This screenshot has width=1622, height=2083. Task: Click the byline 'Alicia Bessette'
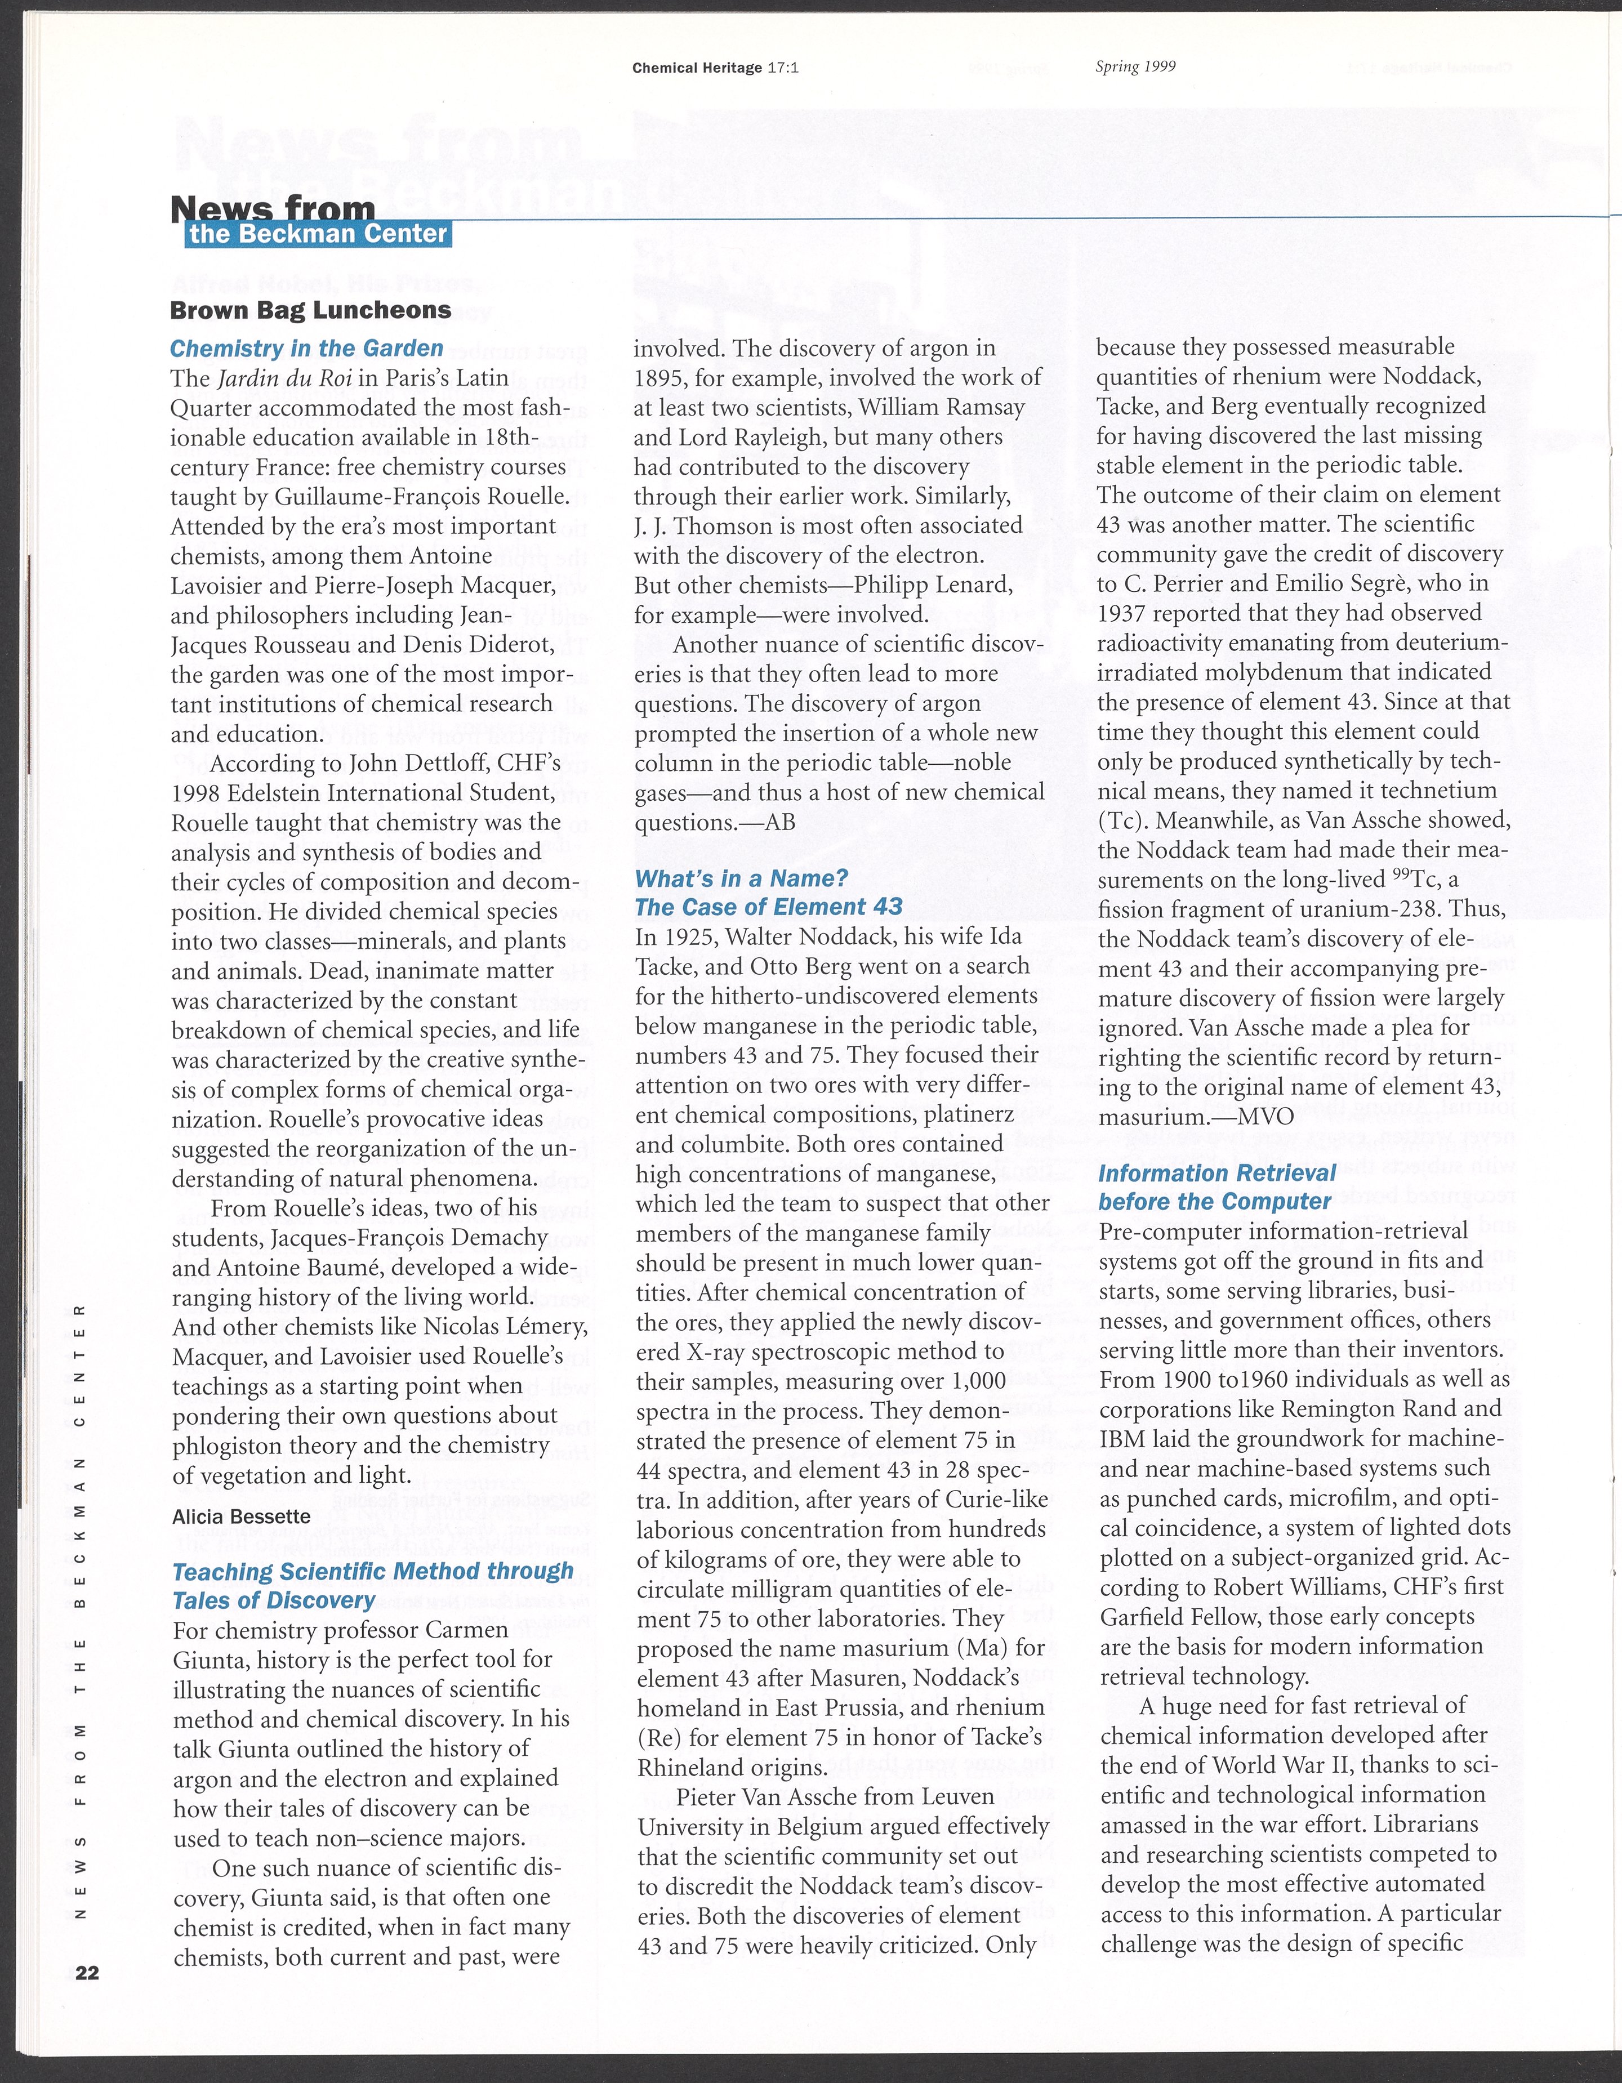[242, 1516]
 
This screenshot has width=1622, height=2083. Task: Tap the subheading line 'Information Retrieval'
[1216, 1172]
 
